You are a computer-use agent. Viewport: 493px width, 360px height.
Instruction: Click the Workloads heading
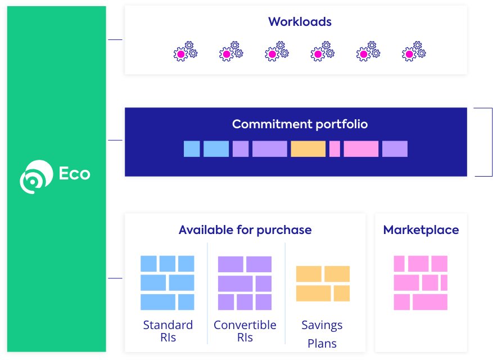(x=300, y=22)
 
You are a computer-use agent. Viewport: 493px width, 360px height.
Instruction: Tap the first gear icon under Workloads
(x=185, y=52)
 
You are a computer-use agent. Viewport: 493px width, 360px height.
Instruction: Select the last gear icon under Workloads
(x=413, y=52)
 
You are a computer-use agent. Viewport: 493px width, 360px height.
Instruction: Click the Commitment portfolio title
(x=300, y=124)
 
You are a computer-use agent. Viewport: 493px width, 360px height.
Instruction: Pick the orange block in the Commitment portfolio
(x=307, y=149)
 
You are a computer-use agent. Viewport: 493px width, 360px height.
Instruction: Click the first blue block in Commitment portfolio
(x=192, y=149)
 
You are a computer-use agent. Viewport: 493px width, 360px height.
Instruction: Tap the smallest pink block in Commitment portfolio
(x=334, y=149)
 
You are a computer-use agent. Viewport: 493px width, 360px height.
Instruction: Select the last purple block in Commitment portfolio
(x=395, y=149)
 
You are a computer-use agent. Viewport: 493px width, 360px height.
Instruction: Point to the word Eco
(x=74, y=173)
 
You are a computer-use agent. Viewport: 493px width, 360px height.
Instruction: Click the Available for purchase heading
(x=245, y=229)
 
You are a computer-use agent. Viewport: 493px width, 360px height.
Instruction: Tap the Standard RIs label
(x=168, y=331)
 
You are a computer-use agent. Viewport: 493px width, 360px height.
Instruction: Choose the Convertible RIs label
(x=245, y=331)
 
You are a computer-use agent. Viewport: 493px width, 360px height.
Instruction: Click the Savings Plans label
(x=322, y=334)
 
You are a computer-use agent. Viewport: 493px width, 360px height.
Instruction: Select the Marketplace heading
(x=420, y=229)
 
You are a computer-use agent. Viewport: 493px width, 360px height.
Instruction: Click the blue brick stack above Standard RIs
(x=167, y=282)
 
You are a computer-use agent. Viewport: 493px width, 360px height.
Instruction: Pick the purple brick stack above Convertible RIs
(x=245, y=283)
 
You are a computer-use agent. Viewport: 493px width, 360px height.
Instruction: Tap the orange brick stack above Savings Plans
(x=323, y=283)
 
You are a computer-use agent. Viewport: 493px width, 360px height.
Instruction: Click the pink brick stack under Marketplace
(x=420, y=282)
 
